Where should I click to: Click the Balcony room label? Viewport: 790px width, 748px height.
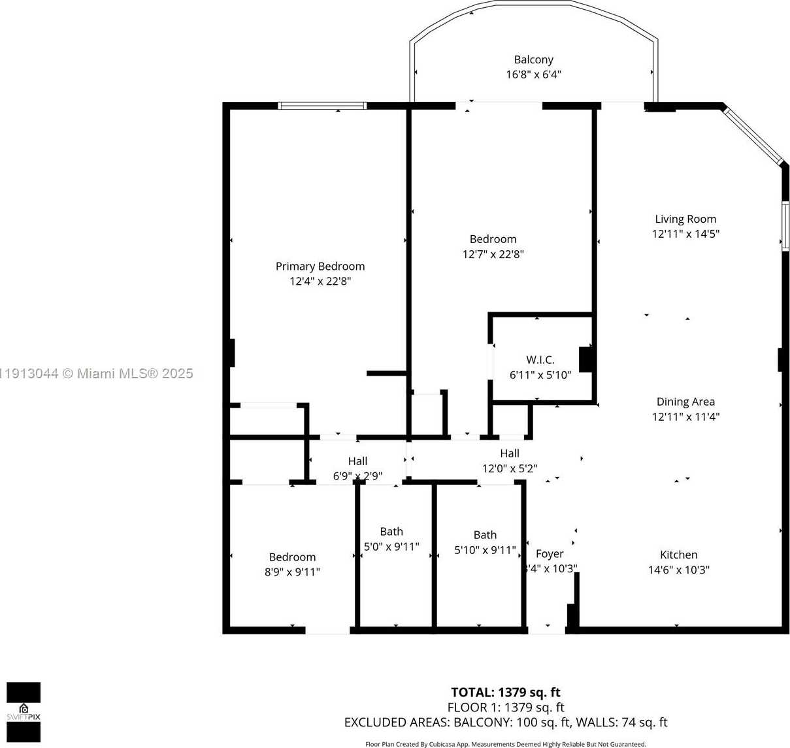(x=533, y=59)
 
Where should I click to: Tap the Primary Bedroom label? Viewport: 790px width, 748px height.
(x=320, y=266)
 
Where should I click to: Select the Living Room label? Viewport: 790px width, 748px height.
(x=685, y=219)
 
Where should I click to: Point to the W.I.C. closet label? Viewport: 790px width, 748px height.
(x=540, y=359)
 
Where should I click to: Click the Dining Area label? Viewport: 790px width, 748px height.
(x=685, y=401)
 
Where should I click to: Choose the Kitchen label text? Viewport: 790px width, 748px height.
(x=678, y=554)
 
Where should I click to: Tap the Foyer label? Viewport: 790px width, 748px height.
(x=550, y=553)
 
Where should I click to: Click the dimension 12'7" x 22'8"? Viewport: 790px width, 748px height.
(x=493, y=254)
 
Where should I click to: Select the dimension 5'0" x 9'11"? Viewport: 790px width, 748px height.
(x=391, y=546)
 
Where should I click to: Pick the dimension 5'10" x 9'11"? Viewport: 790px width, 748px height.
(x=485, y=550)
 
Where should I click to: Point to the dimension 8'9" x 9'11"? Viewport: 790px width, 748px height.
(x=292, y=572)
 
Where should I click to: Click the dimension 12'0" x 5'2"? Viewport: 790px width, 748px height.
(x=510, y=468)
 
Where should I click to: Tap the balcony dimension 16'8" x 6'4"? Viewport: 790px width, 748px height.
(x=533, y=74)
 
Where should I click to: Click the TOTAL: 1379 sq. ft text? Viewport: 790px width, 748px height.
(x=505, y=692)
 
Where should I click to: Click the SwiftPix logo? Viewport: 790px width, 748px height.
(x=24, y=712)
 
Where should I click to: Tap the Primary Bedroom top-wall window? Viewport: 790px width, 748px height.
(x=322, y=106)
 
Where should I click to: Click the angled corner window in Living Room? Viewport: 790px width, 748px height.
(x=753, y=135)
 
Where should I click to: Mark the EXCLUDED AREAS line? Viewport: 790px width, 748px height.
(x=505, y=722)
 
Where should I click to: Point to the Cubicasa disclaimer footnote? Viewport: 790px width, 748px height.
(x=505, y=743)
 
